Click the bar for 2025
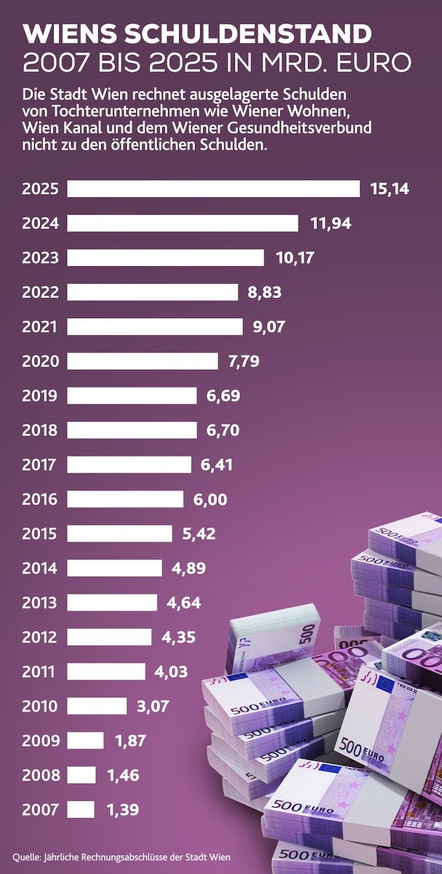point(213,189)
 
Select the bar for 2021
point(155,326)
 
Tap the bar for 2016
point(126,499)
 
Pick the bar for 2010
point(97,706)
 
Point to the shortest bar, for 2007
point(81,809)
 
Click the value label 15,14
point(390,189)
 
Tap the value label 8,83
point(264,292)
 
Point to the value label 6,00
point(210,499)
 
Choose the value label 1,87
point(131,740)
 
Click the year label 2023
point(40,257)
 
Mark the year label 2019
point(40,396)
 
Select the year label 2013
point(40,603)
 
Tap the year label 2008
point(40,775)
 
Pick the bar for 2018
point(132,430)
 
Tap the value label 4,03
point(171,671)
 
